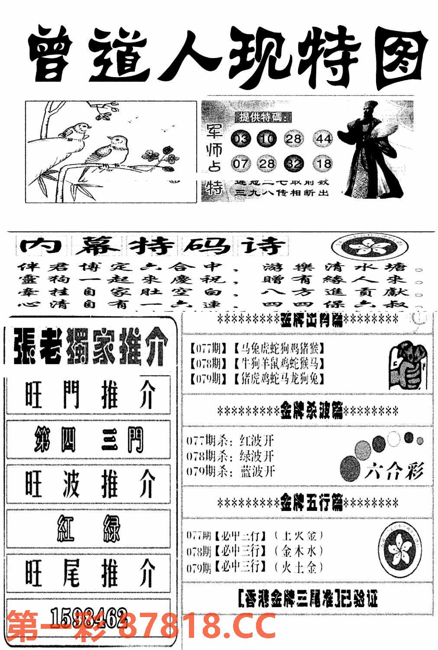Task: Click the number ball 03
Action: coord(240,139)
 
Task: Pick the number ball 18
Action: coord(323,164)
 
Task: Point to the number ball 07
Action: coord(240,164)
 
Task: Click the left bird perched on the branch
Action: coord(75,131)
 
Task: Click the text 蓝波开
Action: coord(257,471)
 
